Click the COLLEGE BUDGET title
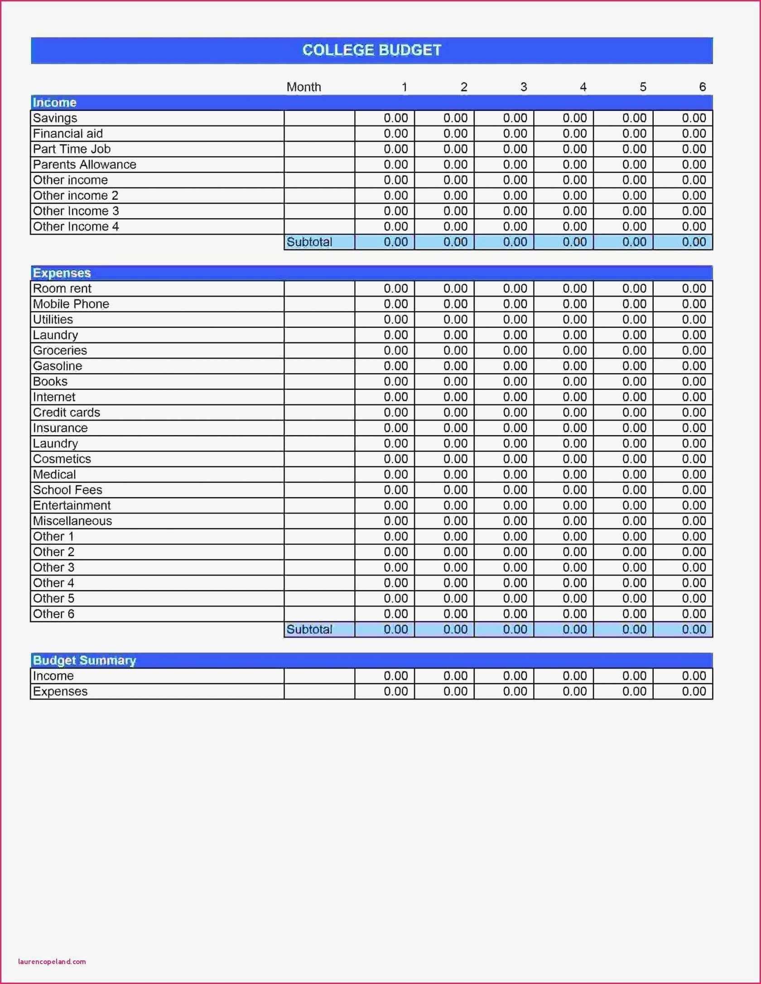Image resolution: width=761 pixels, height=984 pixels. (x=371, y=50)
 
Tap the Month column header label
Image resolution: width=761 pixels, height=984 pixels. (x=303, y=87)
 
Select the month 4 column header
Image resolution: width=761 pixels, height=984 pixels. (x=583, y=87)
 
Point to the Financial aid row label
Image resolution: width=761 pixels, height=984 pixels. (x=68, y=134)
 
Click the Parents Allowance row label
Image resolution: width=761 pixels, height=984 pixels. (x=84, y=164)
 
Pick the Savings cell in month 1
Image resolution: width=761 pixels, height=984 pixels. (x=385, y=118)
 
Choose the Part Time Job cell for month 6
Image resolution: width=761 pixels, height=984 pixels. (x=683, y=149)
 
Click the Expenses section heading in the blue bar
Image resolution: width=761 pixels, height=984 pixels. (x=62, y=273)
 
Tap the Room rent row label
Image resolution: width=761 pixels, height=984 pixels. (x=62, y=288)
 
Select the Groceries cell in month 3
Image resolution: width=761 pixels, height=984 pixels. (x=504, y=350)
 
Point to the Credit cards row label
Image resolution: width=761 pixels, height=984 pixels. (x=67, y=413)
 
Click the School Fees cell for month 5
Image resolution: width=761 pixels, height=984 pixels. (x=624, y=490)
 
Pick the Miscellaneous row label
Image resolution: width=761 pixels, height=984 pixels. (x=72, y=521)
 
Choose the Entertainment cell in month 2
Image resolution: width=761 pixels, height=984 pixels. (x=445, y=505)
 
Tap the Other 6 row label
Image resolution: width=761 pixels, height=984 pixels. (x=53, y=614)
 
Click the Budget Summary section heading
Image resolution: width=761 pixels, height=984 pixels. (x=84, y=660)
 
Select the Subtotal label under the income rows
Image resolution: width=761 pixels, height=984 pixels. (x=309, y=242)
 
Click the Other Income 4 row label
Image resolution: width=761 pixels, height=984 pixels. (x=76, y=226)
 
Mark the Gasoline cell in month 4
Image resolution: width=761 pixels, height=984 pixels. (x=564, y=366)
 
